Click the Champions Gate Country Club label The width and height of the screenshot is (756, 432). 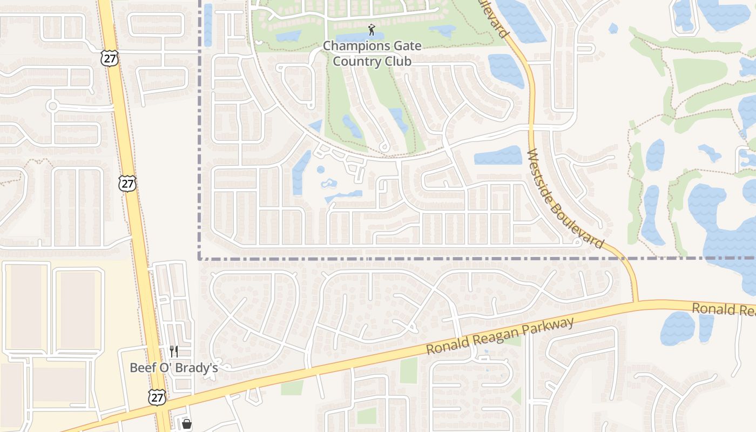point(372,53)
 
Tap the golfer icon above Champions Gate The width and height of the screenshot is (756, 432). point(371,29)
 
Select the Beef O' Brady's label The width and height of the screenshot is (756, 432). point(173,368)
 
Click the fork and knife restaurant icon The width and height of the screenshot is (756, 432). point(173,352)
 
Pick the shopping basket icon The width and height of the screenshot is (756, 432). point(186,424)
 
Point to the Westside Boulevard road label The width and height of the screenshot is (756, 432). point(565,199)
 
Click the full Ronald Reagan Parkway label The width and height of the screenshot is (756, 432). point(500,336)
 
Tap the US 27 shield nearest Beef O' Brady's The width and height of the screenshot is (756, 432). point(156,397)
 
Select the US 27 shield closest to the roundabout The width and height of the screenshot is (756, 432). point(109,58)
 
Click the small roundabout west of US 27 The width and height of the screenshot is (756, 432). point(52,106)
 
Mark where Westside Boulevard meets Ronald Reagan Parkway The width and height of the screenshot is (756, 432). point(637,302)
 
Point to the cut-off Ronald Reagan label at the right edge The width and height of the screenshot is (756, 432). point(724,309)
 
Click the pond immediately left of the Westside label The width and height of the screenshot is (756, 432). point(497,156)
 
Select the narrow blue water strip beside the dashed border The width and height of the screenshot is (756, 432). point(208,24)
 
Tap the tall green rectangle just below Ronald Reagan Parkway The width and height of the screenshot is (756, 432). point(409,370)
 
